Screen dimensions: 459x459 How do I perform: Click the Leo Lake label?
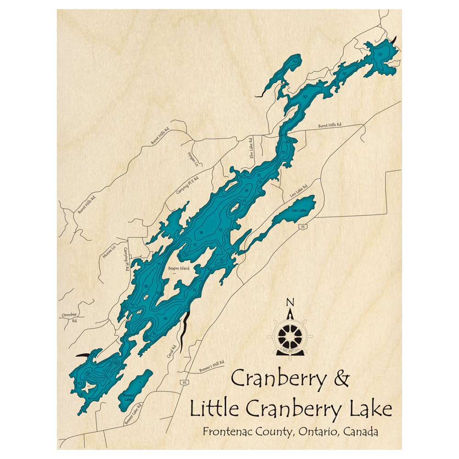299,211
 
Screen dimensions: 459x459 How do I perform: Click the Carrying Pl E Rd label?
186,187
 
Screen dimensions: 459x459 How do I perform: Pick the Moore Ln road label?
109,252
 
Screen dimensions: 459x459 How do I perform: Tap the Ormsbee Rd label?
68,318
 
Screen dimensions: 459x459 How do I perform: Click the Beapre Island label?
178,269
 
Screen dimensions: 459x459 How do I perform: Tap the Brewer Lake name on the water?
128,397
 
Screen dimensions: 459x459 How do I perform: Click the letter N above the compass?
290,302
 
